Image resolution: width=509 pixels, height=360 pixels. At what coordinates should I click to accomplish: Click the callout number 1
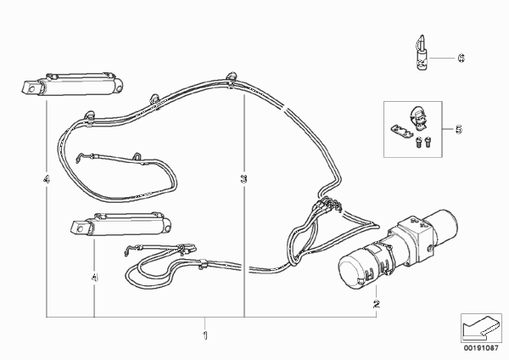[x=204, y=335]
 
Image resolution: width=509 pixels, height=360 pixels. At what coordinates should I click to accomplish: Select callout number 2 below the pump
[x=376, y=305]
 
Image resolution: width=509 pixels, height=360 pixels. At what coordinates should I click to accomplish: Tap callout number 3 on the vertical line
[x=243, y=178]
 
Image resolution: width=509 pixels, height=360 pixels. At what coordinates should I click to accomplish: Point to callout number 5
[x=459, y=129]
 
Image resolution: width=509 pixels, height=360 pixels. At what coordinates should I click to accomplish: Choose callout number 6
[x=461, y=58]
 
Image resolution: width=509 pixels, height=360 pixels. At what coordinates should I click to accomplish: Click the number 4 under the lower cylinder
[x=94, y=278]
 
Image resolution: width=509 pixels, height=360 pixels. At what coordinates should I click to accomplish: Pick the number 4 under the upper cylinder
[x=47, y=178]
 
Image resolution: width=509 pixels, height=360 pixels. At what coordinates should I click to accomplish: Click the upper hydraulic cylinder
[x=73, y=85]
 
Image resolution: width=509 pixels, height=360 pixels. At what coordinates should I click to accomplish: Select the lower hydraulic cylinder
[x=120, y=223]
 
